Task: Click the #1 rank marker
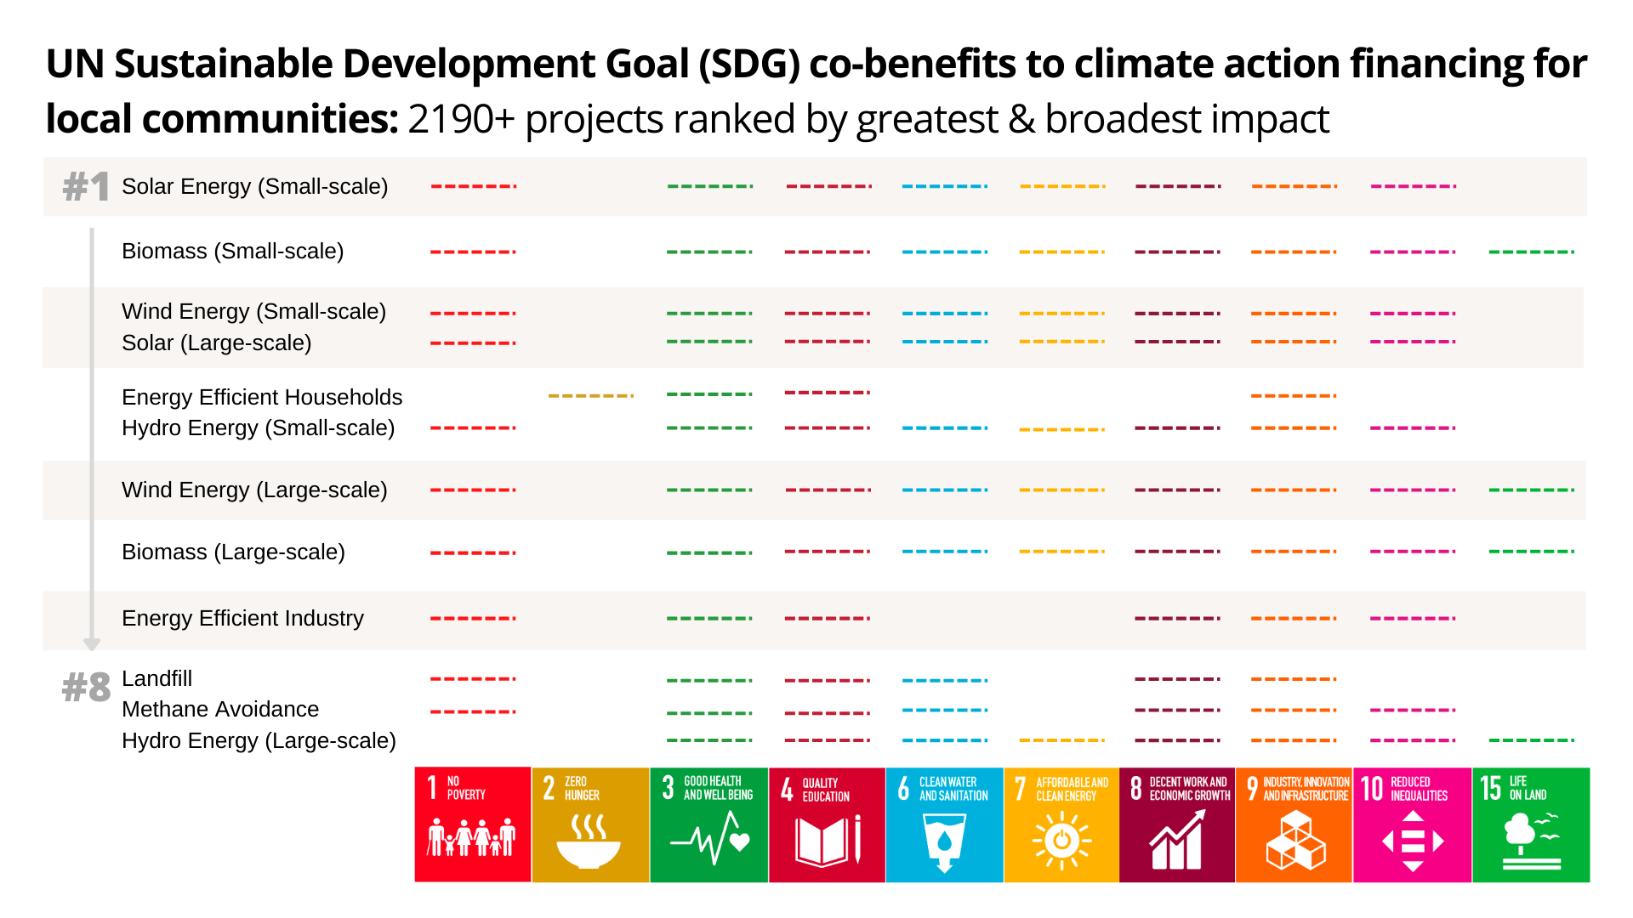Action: tap(86, 186)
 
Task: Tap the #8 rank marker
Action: tap(86, 687)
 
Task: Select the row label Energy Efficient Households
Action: tap(261, 397)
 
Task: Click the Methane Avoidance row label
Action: tap(220, 709)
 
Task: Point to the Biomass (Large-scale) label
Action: tap(233, 552)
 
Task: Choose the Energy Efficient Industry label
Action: tap(242, 618)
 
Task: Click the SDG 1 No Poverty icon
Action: tap(473, 824)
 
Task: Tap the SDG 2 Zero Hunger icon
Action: tap(590, 824)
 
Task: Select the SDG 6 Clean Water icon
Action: tap(944, 824)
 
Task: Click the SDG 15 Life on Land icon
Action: tap(1531, 824)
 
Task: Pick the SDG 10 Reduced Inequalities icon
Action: tap(1413, 824)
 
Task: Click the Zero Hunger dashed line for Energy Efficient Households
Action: tap(591, 396)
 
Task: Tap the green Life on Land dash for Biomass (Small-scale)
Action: tap(1532, 252)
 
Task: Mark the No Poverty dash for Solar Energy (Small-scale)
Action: tap(474, 186)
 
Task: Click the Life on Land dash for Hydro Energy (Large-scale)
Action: tap(1532, 740)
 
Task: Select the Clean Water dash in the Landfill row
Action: tap(945, 680)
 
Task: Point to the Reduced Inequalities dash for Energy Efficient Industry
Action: tap(1413, 618)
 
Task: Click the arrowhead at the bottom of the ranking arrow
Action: tap(92, 644)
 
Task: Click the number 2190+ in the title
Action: tap(461, 119)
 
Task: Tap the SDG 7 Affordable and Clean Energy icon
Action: tap(1061, 824)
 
